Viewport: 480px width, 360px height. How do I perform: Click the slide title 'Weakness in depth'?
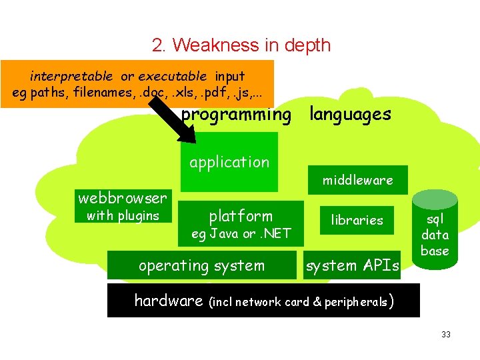(x=241, y=45)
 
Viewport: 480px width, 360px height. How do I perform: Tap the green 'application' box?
(x=229, y=162)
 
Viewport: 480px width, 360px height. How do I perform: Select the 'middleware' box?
(x=358, y=180)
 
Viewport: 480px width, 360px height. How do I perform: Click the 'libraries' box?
(x=358, y=220)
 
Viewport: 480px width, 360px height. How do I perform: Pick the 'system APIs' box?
(x=352, y=265)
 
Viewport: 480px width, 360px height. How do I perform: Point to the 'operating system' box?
(x=201, y=265)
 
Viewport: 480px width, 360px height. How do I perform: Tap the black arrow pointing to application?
(x=175, y=119)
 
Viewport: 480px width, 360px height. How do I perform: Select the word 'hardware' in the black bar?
(x=169, y=301)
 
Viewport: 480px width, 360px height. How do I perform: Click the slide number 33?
(x=446, y=334)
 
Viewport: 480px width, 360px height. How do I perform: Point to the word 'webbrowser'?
(x=123, y=198)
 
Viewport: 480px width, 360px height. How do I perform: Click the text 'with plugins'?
(x=123, y=215)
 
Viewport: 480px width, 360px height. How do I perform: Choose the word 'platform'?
(x=241, y=215)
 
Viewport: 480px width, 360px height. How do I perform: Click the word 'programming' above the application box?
(x=236, y=115)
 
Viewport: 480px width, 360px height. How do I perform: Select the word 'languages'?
(x=350, y=115)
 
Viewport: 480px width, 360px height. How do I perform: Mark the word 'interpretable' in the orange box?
(x=71, y=76)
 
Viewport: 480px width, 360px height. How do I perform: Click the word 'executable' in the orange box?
(x=177, y=76)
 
